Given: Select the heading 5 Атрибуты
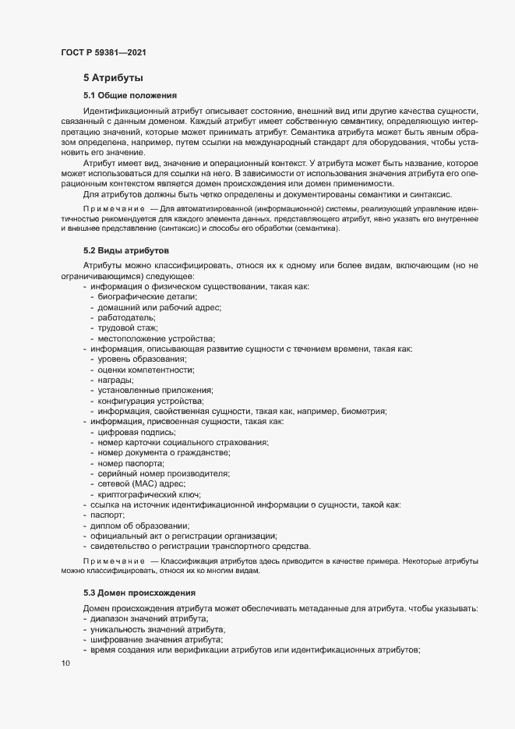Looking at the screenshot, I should [112, 78].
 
